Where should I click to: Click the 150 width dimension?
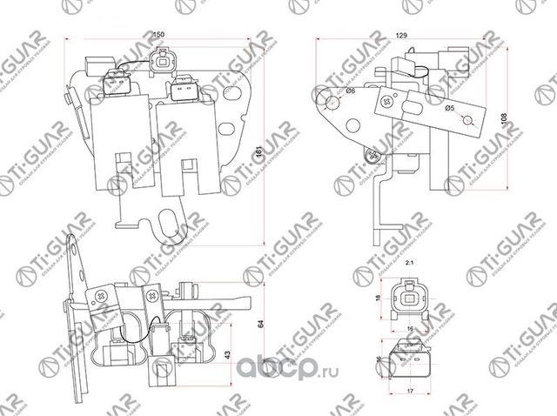point(158,35)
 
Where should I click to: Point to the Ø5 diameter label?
point(451,108)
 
